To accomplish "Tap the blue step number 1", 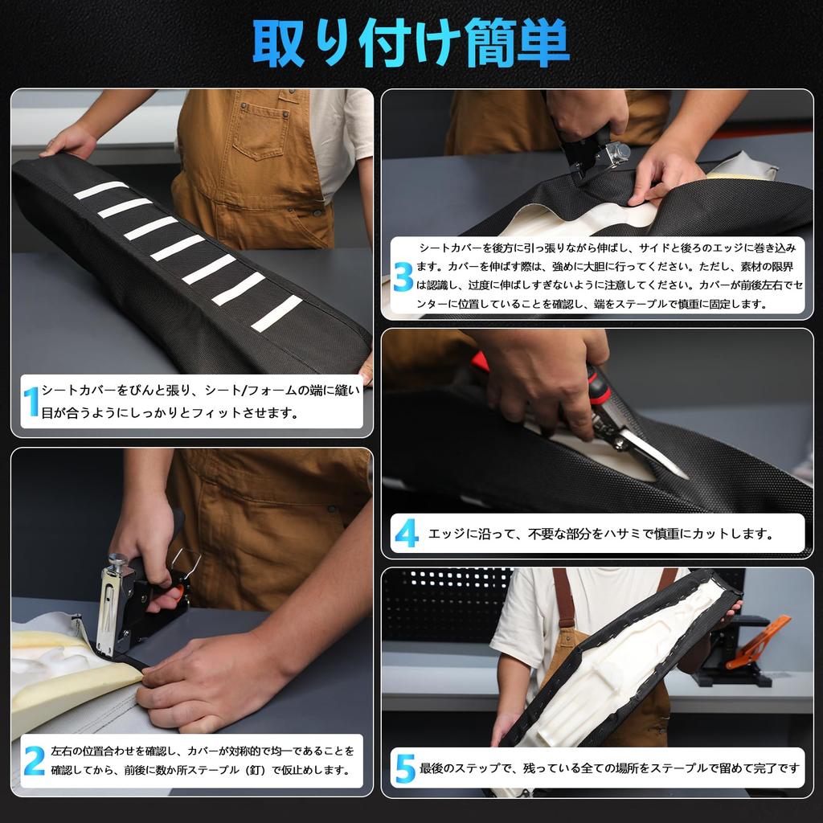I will [31, 401].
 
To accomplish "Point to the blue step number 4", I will [407, 534].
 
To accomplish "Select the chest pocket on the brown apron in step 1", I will [261, 129].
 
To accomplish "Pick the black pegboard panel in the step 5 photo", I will [446, 603].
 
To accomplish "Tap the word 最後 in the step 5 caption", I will [432, 768].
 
